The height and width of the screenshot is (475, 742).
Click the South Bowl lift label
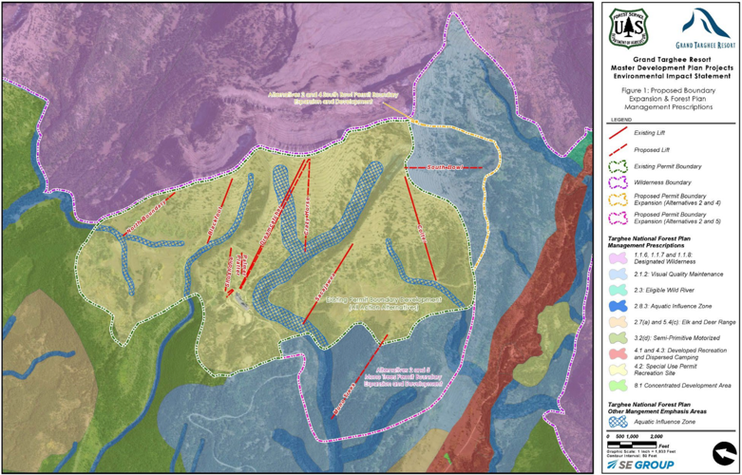click(445, 168)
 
